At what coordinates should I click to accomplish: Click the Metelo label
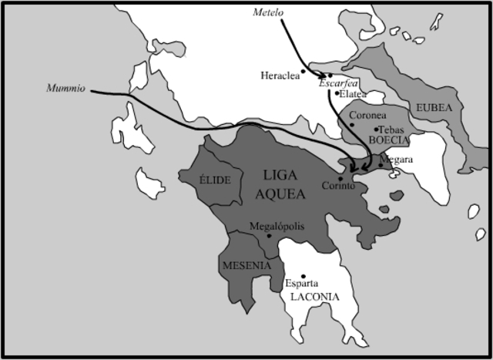pyautogui.click(x=268, y=12)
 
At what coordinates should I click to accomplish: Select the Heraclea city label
pyautogui.click(x=280, y=75)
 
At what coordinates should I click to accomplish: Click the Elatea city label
pyautogui.click(x=354, y=94)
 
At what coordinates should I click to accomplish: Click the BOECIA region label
pyautogui.click(x=388, y=140)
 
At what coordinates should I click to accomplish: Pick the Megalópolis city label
pyautogui.click(x=277, y=226)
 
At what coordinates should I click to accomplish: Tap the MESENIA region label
pyautogui.click(x=246, y=265)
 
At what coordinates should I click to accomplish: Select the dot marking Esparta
pyautogui.click(x=304, y=276)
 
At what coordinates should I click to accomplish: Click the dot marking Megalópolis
pyautogui.click(x=269, y=235)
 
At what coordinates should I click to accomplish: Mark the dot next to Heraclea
pyautogui.click(x=303, y=71)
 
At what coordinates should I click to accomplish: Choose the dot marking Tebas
pyautogui.click(x=376, y=129)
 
